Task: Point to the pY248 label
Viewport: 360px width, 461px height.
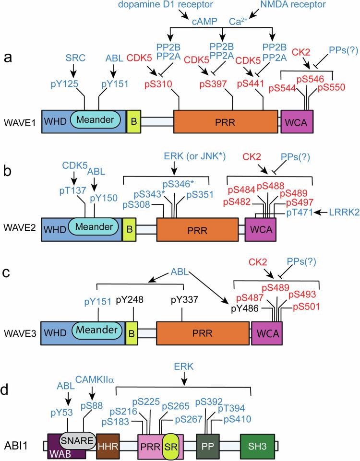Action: pos(131,300)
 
